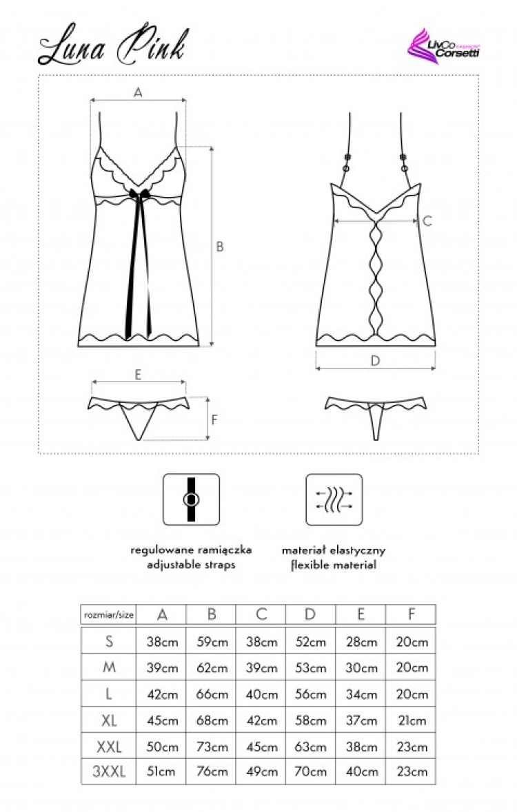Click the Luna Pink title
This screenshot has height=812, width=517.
click(111, 48)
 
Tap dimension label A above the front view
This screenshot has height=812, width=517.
click(138, 93)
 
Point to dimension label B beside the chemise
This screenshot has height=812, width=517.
click(220, 247)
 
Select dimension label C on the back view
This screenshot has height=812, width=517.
click(427, 221)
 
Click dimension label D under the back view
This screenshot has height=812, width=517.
click(375, 360)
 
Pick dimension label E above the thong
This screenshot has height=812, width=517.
click(138, 375)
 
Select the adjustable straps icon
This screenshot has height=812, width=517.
click(191, 499)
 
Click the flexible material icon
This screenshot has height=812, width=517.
click(334, 499)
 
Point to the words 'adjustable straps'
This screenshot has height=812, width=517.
click(191, 565)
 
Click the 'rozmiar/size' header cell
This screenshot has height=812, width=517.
click(108, 614)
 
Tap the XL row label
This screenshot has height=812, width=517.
click(109, 720)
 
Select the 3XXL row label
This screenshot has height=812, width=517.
click(109, 772)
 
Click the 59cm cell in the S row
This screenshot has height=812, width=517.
click(212, 642)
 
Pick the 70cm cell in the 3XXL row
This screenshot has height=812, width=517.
click(311, 772)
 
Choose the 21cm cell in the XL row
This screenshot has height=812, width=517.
click(412, 720)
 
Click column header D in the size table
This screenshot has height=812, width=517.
click(311, 614)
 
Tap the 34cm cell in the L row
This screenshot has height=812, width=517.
click(361, 694)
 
